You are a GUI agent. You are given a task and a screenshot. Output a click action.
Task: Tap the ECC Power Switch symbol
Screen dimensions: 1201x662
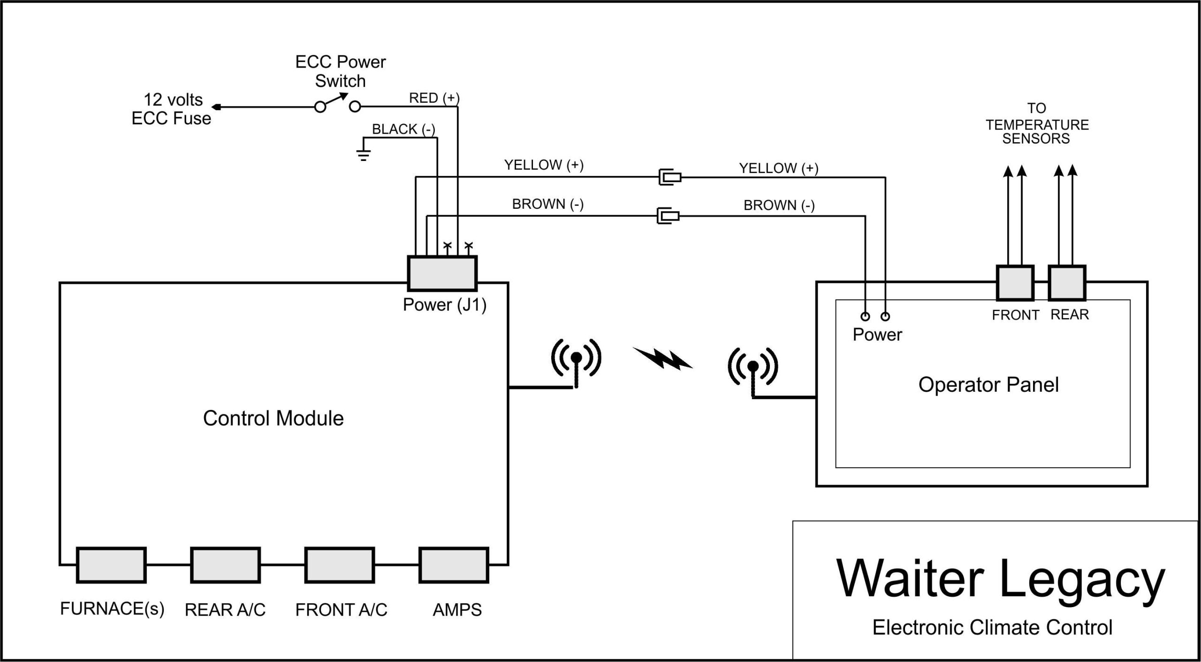click(x=338, y=104)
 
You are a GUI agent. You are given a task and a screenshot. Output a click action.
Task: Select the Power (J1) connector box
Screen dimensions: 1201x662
click(x=442, y=274)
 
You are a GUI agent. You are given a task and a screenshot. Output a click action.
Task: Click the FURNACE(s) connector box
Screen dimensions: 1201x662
click(x=111, y=565)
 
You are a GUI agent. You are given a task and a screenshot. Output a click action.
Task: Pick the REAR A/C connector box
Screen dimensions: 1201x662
click(x=225, y=565)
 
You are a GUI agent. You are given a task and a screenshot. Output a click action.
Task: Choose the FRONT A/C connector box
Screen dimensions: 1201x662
click(x=340, y=565)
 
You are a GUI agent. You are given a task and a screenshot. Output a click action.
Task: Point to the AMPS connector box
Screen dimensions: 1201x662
click(x=454, y=565)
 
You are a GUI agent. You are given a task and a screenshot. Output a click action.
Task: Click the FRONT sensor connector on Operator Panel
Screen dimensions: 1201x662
click(x=1015, y=283)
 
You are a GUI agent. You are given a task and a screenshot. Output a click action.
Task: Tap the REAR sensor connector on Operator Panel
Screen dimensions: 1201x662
click(x=1067, y=283)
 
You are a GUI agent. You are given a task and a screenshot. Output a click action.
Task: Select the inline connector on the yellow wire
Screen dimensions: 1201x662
click(x=669, y=177)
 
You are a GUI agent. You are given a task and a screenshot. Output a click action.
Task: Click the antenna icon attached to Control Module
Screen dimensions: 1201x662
click(x=576, y=362)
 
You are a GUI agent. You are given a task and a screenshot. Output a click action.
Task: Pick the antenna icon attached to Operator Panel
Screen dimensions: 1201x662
click(x=753, y=371)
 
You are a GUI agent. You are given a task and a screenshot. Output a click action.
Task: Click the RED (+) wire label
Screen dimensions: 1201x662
click(x=434, y=98)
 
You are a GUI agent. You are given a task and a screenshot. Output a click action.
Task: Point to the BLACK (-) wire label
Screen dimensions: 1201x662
click(x=403, y=129)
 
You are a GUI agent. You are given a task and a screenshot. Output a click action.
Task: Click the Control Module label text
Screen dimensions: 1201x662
click(x=273, y=418)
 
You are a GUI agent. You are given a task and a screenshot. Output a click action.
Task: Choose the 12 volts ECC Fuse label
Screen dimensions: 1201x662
click(x=172, y=109)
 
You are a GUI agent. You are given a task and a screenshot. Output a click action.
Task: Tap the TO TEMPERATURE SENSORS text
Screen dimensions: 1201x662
click(x=1037, y=124)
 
